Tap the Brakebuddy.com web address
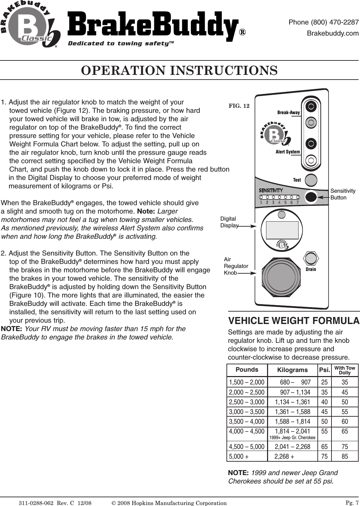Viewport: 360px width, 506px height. pyautogui.click(x=333, y=34)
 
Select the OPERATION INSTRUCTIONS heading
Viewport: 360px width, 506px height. pyautogui.click(x=179, y=71)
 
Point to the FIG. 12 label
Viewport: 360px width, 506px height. pyautogui.click(x=239, y=106)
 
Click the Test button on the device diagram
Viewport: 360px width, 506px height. pyautogui.click(x=311, y=180)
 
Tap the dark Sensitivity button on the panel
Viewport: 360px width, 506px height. pyautogui.click(x=311, y=197)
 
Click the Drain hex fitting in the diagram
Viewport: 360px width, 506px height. pyautogui.click(x=311, y=258)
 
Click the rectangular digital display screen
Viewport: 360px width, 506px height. pyautogui.click(x=282, y=229)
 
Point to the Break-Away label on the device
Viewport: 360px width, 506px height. pyautogui.click(x=289, y=112)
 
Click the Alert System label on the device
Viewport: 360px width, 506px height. pyautogui.click(x=288, y=152)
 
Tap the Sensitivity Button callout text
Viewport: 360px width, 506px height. pyautogui.click(x=343, y=194)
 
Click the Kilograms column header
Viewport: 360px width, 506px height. pyautogui.click(x=292, y=370)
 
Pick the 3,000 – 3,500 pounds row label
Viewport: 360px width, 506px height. pyautogui.click(x=247, y=412)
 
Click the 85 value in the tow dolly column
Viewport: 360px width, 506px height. pyautogui.click(x=345, y=456)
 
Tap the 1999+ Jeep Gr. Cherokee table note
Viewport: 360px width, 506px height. pyautogui.click(x=292, y=438)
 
